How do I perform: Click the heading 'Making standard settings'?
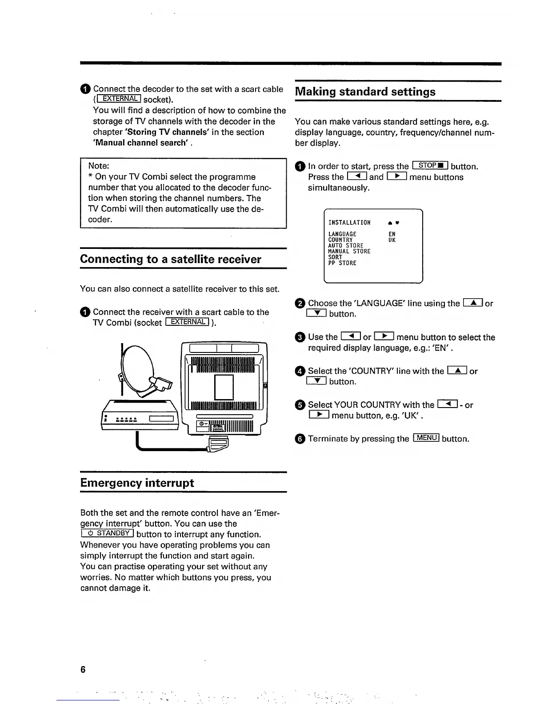365,92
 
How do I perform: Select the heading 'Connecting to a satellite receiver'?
171,259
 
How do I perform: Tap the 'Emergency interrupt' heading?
137,483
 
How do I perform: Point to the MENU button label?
426,438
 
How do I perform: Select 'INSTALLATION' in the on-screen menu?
349,223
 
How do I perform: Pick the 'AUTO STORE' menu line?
345,246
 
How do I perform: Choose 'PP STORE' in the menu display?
342,263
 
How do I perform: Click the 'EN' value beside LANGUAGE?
392,234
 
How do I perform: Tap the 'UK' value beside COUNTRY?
392,240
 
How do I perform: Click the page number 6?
83,670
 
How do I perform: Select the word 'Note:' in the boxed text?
99,166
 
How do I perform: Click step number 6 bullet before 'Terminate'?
300,439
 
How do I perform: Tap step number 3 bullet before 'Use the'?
300,337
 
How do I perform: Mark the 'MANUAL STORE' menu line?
349,252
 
